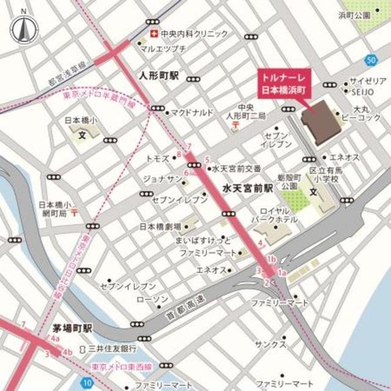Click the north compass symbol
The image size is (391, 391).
click(23, 27)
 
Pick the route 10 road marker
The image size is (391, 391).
click(89, 383)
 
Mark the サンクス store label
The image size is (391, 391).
click(271, 345)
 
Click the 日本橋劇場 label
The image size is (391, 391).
click(159, 226)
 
